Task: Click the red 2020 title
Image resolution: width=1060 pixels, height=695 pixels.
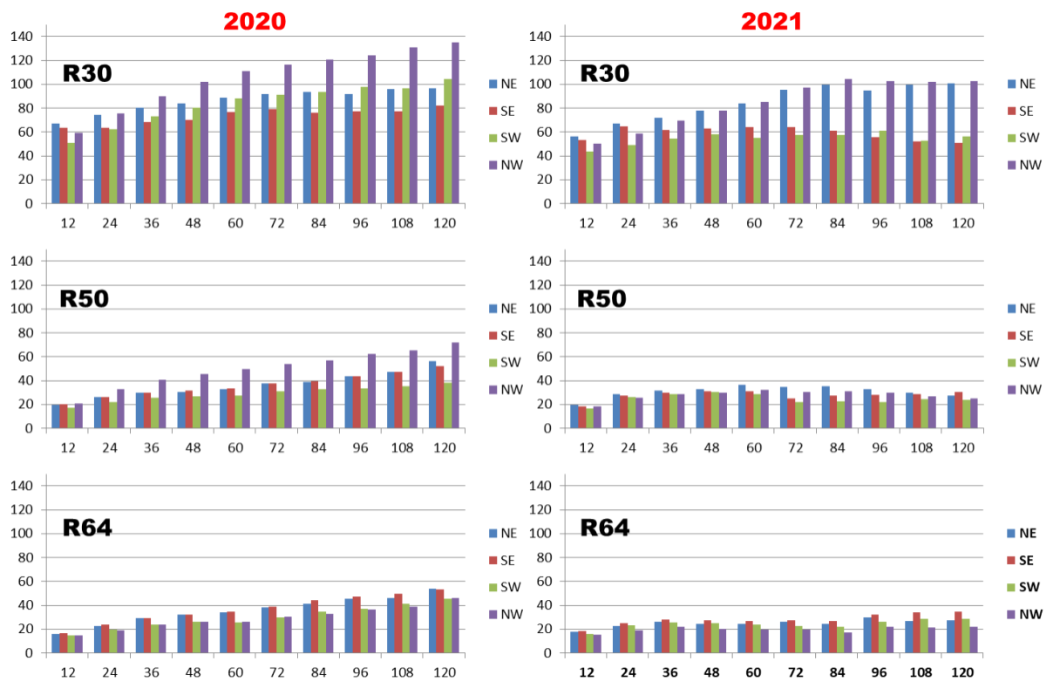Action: click(x=255, y=22)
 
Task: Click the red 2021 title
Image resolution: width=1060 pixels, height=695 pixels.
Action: click(x=771, y=22)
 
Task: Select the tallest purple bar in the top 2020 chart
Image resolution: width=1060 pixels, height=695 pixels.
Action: click(x=455, y=122)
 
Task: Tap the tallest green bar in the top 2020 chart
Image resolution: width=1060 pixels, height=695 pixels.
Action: click(x=447, y=140)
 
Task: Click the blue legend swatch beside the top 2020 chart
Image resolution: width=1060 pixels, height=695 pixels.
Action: click(x=493, y=84)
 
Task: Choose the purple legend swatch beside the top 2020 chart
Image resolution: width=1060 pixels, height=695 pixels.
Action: click(x=493, y=165)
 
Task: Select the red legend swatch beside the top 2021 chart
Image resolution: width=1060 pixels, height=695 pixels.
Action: click(x=1012, y=111)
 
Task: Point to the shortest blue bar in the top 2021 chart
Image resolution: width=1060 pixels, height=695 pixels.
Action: click(x=574, y=169)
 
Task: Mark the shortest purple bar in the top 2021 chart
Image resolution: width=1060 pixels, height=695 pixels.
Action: click(x=597, y=174)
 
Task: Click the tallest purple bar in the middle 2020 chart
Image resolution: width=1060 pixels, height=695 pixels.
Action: click(x=455, y=385)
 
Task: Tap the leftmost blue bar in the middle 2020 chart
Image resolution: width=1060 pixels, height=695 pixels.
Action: click(x=56, y=417)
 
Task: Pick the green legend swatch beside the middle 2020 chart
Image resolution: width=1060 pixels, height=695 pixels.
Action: click(x=493, y=363)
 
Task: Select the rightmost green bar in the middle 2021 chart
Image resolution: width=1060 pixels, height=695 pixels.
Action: click(x=966, y=414)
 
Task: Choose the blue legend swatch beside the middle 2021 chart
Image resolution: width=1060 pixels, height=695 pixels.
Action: click(x=1012, y=309)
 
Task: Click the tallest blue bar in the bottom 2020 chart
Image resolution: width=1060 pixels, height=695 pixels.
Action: click(x=432, y=620)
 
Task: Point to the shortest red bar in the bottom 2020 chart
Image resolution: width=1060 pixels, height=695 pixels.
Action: click(x=64, y=644)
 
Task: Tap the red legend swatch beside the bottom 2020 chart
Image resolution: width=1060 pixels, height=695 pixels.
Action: click(x=493, y=560)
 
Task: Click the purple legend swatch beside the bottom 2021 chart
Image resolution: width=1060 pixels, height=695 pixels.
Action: click(x=1012, y=615)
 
